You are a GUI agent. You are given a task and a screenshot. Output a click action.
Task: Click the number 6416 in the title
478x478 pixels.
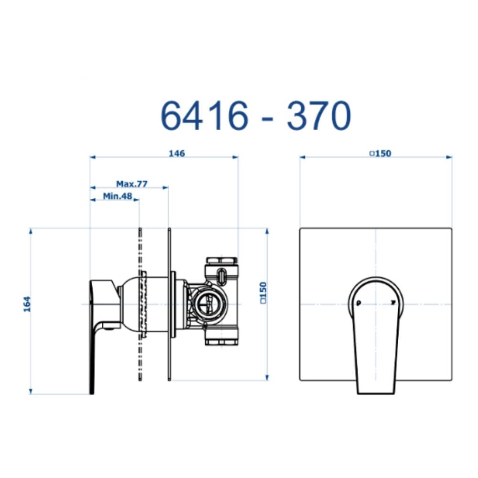204,116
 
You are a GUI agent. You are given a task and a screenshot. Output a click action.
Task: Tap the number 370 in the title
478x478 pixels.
319,116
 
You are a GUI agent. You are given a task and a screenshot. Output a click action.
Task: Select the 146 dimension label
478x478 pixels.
177,153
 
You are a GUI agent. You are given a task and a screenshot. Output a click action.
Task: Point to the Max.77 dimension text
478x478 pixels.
131,184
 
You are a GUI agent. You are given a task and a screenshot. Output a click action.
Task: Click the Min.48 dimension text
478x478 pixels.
117,196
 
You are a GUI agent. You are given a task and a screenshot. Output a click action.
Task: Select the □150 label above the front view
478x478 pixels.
380,153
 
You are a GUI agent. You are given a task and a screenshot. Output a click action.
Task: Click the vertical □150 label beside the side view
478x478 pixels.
262,293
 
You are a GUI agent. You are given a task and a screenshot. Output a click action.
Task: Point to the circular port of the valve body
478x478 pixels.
208,304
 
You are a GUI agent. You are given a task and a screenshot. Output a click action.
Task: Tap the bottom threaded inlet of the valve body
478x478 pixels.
221,341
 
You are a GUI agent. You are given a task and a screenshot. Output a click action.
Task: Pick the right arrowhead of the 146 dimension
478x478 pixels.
235,157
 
